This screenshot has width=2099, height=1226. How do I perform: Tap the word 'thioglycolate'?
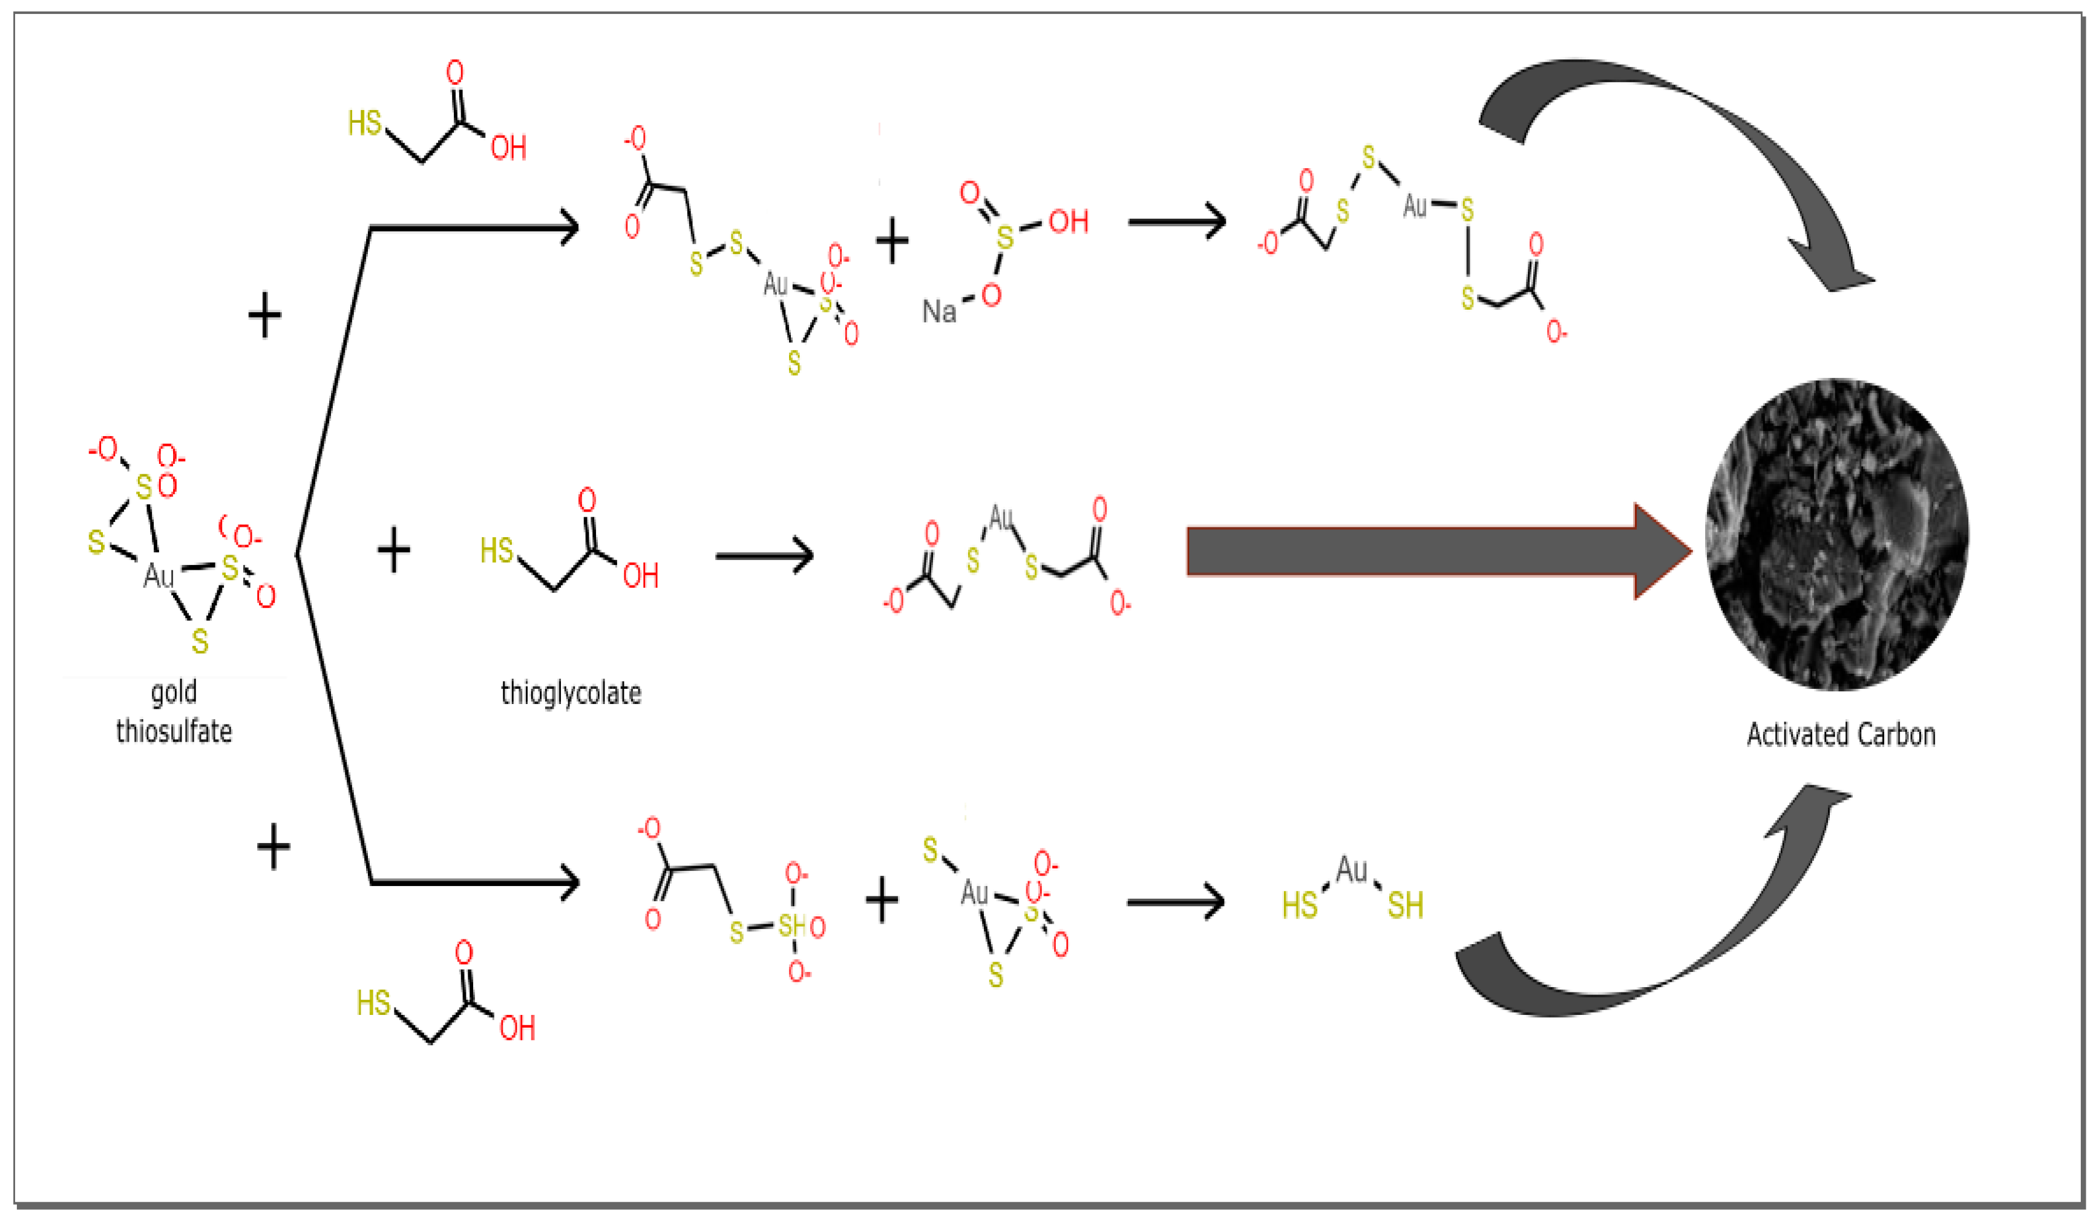571,693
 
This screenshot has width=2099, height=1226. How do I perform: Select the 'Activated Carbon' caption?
1840,735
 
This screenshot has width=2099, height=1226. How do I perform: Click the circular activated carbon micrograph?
1836,534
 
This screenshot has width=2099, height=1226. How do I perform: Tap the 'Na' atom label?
938,312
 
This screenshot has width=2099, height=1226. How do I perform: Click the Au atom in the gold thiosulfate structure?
159,576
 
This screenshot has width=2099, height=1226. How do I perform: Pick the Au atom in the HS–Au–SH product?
1351,870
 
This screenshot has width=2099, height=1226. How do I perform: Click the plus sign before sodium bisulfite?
892,241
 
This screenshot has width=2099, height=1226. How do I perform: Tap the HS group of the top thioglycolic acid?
365,123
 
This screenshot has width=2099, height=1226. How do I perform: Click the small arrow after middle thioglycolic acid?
764,555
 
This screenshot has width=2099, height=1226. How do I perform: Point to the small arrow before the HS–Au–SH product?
1175,901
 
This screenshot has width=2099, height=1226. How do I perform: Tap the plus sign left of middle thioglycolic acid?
394,550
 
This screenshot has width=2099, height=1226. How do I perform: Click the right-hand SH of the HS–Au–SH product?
1405,906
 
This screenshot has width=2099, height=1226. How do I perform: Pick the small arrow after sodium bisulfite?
1176,223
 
